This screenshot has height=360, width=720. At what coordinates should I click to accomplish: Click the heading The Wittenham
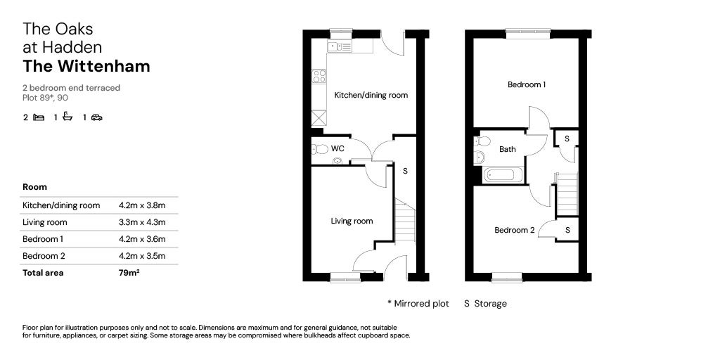86,66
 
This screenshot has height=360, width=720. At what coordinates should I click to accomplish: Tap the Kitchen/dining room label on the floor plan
371,96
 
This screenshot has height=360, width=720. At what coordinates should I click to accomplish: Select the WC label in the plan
337,149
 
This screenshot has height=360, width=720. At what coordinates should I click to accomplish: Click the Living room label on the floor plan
352,221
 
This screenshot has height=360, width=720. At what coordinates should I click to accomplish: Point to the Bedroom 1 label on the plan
526,84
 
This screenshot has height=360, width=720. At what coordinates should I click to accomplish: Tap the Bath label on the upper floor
508,149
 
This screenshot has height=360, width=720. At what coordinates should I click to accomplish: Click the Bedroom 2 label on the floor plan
514,230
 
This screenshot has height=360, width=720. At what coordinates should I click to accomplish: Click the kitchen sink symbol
340,46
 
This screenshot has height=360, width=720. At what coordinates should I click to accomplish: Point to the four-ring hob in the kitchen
319,76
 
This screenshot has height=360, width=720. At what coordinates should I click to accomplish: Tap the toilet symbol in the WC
320,149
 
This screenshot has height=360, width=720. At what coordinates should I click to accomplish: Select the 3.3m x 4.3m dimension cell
142,222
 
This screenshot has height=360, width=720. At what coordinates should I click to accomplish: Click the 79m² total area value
129,272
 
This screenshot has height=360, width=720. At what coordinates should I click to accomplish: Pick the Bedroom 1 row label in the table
43,239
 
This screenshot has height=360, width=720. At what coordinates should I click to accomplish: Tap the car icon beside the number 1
96,117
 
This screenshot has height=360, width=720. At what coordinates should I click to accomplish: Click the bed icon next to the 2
39,117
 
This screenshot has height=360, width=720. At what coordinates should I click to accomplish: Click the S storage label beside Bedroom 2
567,230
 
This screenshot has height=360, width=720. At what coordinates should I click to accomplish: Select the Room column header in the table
35,187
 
